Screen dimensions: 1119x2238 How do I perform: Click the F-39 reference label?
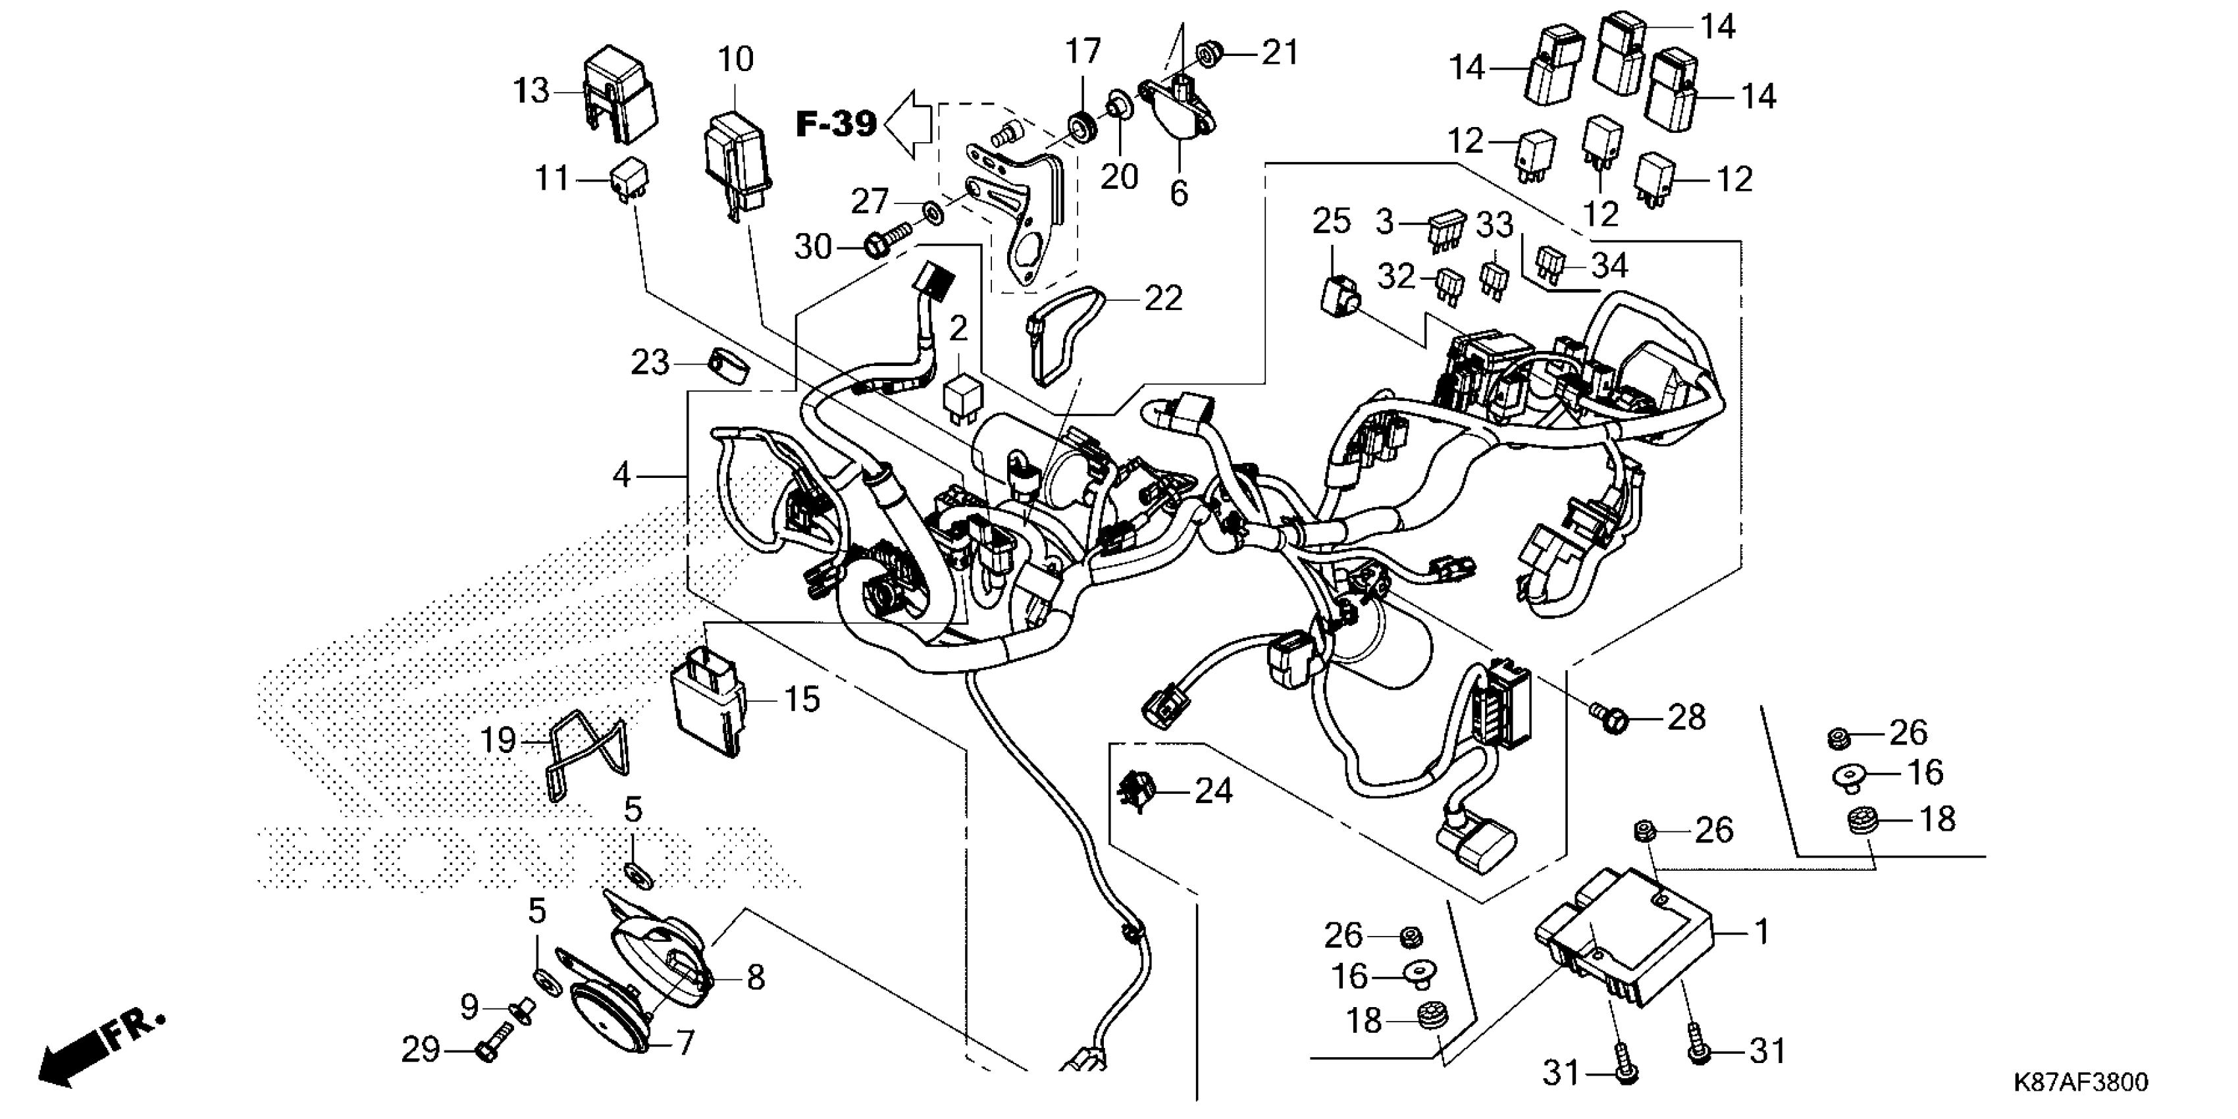tap(836, 124)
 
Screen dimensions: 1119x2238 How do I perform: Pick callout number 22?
tap(1163, 299)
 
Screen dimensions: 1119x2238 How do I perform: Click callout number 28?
tap(1686, 717)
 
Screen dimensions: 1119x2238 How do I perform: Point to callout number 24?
tap(1214, 791)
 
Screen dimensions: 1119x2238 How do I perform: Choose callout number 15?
tap(802, 699)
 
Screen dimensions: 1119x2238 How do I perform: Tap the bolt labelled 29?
tap(487, 1052)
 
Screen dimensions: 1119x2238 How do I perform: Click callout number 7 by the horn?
tap(685, 1043)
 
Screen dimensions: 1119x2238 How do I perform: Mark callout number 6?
tap(1178, 193)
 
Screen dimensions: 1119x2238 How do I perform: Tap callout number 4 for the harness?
tap(621, 475)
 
